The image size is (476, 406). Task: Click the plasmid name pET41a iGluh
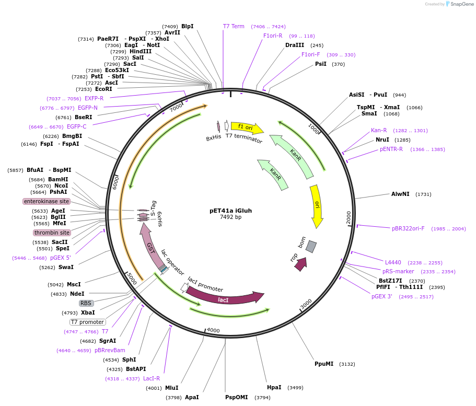tap(230, 211)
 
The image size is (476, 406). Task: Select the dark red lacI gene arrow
tap(224, 299)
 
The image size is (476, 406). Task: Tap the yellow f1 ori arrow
tap(246, 127)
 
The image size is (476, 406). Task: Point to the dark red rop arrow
tap(300, 264)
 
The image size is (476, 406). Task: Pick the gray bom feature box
tap(311, 247)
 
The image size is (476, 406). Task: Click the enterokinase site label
tap(47, 201)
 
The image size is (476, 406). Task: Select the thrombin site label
tap(52, 233)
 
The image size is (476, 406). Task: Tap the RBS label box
tap(86, 303)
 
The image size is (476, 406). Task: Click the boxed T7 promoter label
tap(87, 322)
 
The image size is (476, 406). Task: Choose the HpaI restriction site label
tap(274, 387)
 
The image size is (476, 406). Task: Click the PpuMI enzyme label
tap(324, 364)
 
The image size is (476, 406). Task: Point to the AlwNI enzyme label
tap(401, 194)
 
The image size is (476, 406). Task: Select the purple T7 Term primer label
tap(234, 26)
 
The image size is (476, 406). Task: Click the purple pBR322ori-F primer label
tap(408, 228)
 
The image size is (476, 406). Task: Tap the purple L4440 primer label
tap(393, 262)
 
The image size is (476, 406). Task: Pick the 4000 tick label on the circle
tap(213, 330)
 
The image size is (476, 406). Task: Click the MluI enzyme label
tap(171, 388)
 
